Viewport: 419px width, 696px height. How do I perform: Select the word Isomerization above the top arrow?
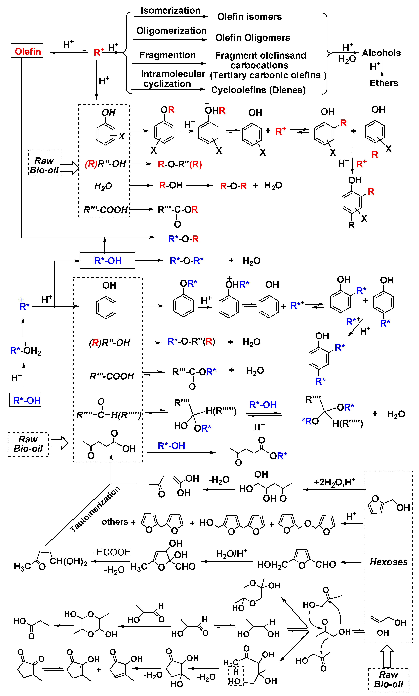click(170, 11)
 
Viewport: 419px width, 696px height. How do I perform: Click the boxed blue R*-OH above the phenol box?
click(108, 260)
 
